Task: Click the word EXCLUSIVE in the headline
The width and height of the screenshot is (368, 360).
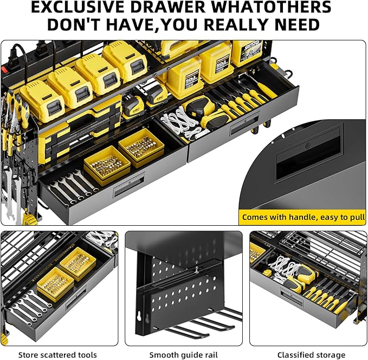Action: (78, 7)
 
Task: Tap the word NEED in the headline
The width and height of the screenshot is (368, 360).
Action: (297, 24)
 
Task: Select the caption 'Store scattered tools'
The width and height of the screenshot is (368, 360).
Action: (57, 355)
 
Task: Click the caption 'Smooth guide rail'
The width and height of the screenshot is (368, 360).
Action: (184, 355)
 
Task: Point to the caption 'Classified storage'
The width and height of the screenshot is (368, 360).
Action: (311, 355)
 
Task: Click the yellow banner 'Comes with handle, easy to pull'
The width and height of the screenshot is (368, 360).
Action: (302, 217)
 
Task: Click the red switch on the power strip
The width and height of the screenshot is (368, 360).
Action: (4, 69)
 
